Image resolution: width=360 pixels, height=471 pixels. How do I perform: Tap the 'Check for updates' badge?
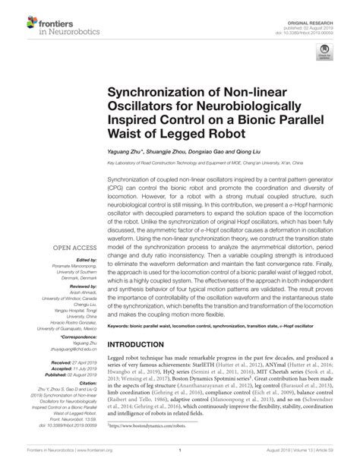point(324,51)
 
